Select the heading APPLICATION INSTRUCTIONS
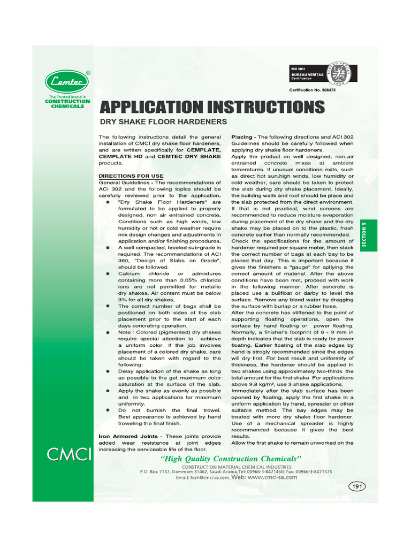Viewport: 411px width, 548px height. [212, 107]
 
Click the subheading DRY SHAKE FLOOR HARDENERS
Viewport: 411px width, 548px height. [161, 122]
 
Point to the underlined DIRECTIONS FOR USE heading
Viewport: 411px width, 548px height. [131, 176]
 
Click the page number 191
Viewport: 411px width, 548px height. [356, 486]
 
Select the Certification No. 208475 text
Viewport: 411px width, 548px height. [313, 90]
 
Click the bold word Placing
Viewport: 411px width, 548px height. [241, 137]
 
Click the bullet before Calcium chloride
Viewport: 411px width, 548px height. [108, 273]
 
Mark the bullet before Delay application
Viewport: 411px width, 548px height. [108, 371]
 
